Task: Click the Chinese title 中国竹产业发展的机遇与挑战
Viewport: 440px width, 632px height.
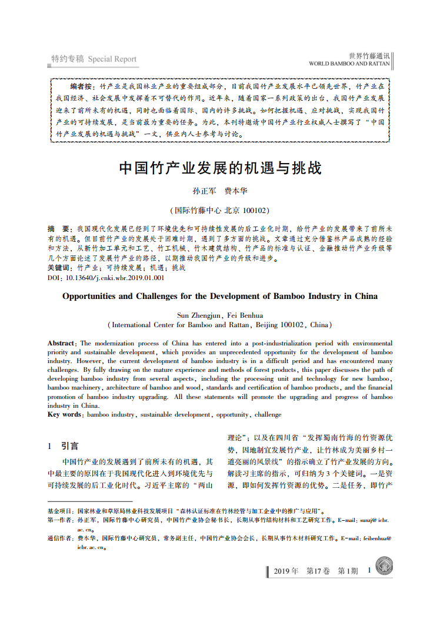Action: [x=220, y=168]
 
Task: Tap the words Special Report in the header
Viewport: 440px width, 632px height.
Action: [x=112, y=59]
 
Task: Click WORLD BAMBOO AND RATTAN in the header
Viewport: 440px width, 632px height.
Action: [x=349, y=63]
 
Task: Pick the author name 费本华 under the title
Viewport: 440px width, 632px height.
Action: [x=235, y=191]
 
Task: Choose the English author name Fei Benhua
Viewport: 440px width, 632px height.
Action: [x=245, y=315]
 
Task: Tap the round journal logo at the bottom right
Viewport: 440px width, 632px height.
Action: [x=384, y=567]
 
